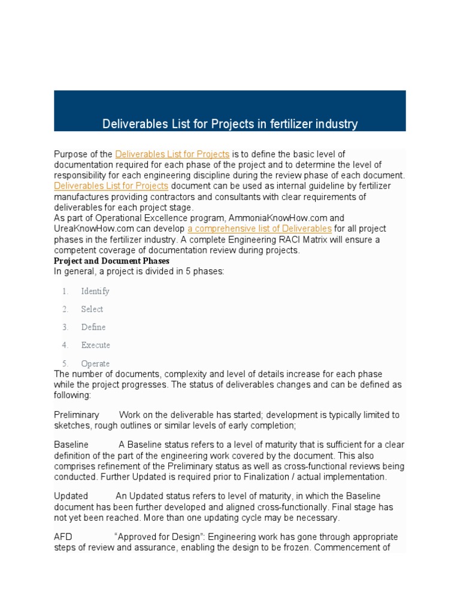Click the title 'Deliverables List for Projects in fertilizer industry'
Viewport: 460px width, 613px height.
[x=230, y=124]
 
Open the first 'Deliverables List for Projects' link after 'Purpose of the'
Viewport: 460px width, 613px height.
[x=172, y=154]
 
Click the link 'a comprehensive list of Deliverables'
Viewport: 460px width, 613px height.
[x=259, y=229]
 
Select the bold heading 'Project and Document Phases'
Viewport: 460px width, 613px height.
[x=111, y=261]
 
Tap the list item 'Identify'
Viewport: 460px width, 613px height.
[x=95, y=291]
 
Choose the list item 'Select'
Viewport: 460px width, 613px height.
[x=92, y=309]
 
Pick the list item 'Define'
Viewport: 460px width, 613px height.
[x=93, y=327]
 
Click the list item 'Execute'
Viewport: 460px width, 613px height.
[x=95, y=345]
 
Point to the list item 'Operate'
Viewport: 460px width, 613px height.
[x=95, y=363]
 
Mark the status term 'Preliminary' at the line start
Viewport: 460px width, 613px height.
[x=77, y=414]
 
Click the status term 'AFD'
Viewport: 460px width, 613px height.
[x=63, y=536]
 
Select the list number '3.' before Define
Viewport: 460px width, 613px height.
[x=65, y=327]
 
